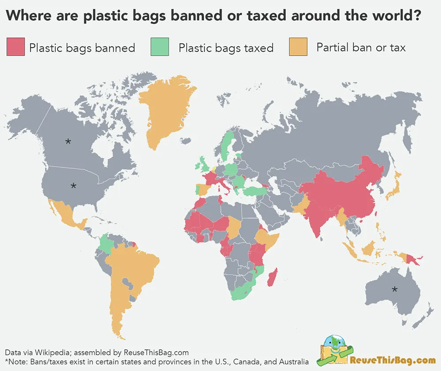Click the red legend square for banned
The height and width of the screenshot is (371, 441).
15,47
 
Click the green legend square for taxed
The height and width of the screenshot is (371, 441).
159,47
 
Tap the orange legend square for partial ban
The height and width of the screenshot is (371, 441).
298,47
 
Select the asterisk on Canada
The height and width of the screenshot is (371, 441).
68,141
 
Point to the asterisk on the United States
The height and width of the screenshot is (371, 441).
73,185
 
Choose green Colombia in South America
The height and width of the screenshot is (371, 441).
106,244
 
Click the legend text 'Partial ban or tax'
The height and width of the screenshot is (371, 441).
361,47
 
